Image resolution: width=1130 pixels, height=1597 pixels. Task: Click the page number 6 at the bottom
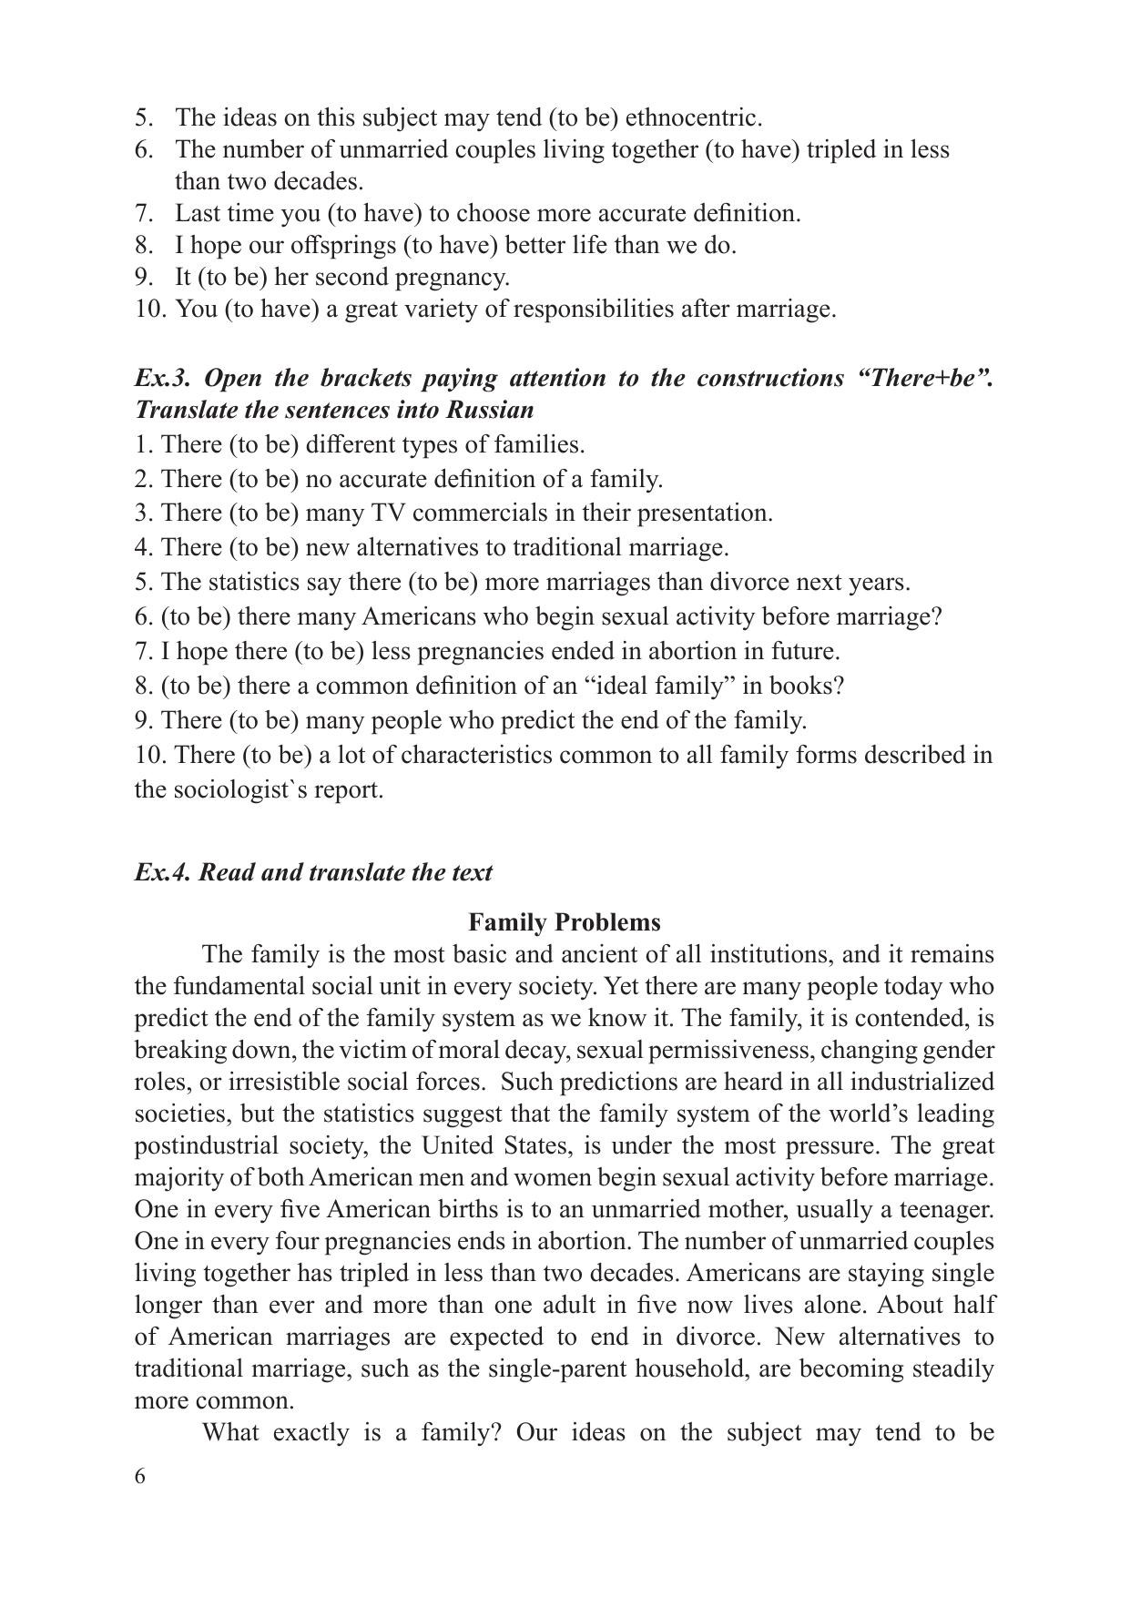[139, 1476]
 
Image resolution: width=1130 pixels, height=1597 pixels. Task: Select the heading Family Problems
[565, 922]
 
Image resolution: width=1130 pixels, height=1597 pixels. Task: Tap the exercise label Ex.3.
[163, 378]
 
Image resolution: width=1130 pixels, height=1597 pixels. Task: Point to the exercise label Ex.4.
[163, 872]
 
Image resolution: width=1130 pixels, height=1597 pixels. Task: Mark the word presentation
[704, 513]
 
